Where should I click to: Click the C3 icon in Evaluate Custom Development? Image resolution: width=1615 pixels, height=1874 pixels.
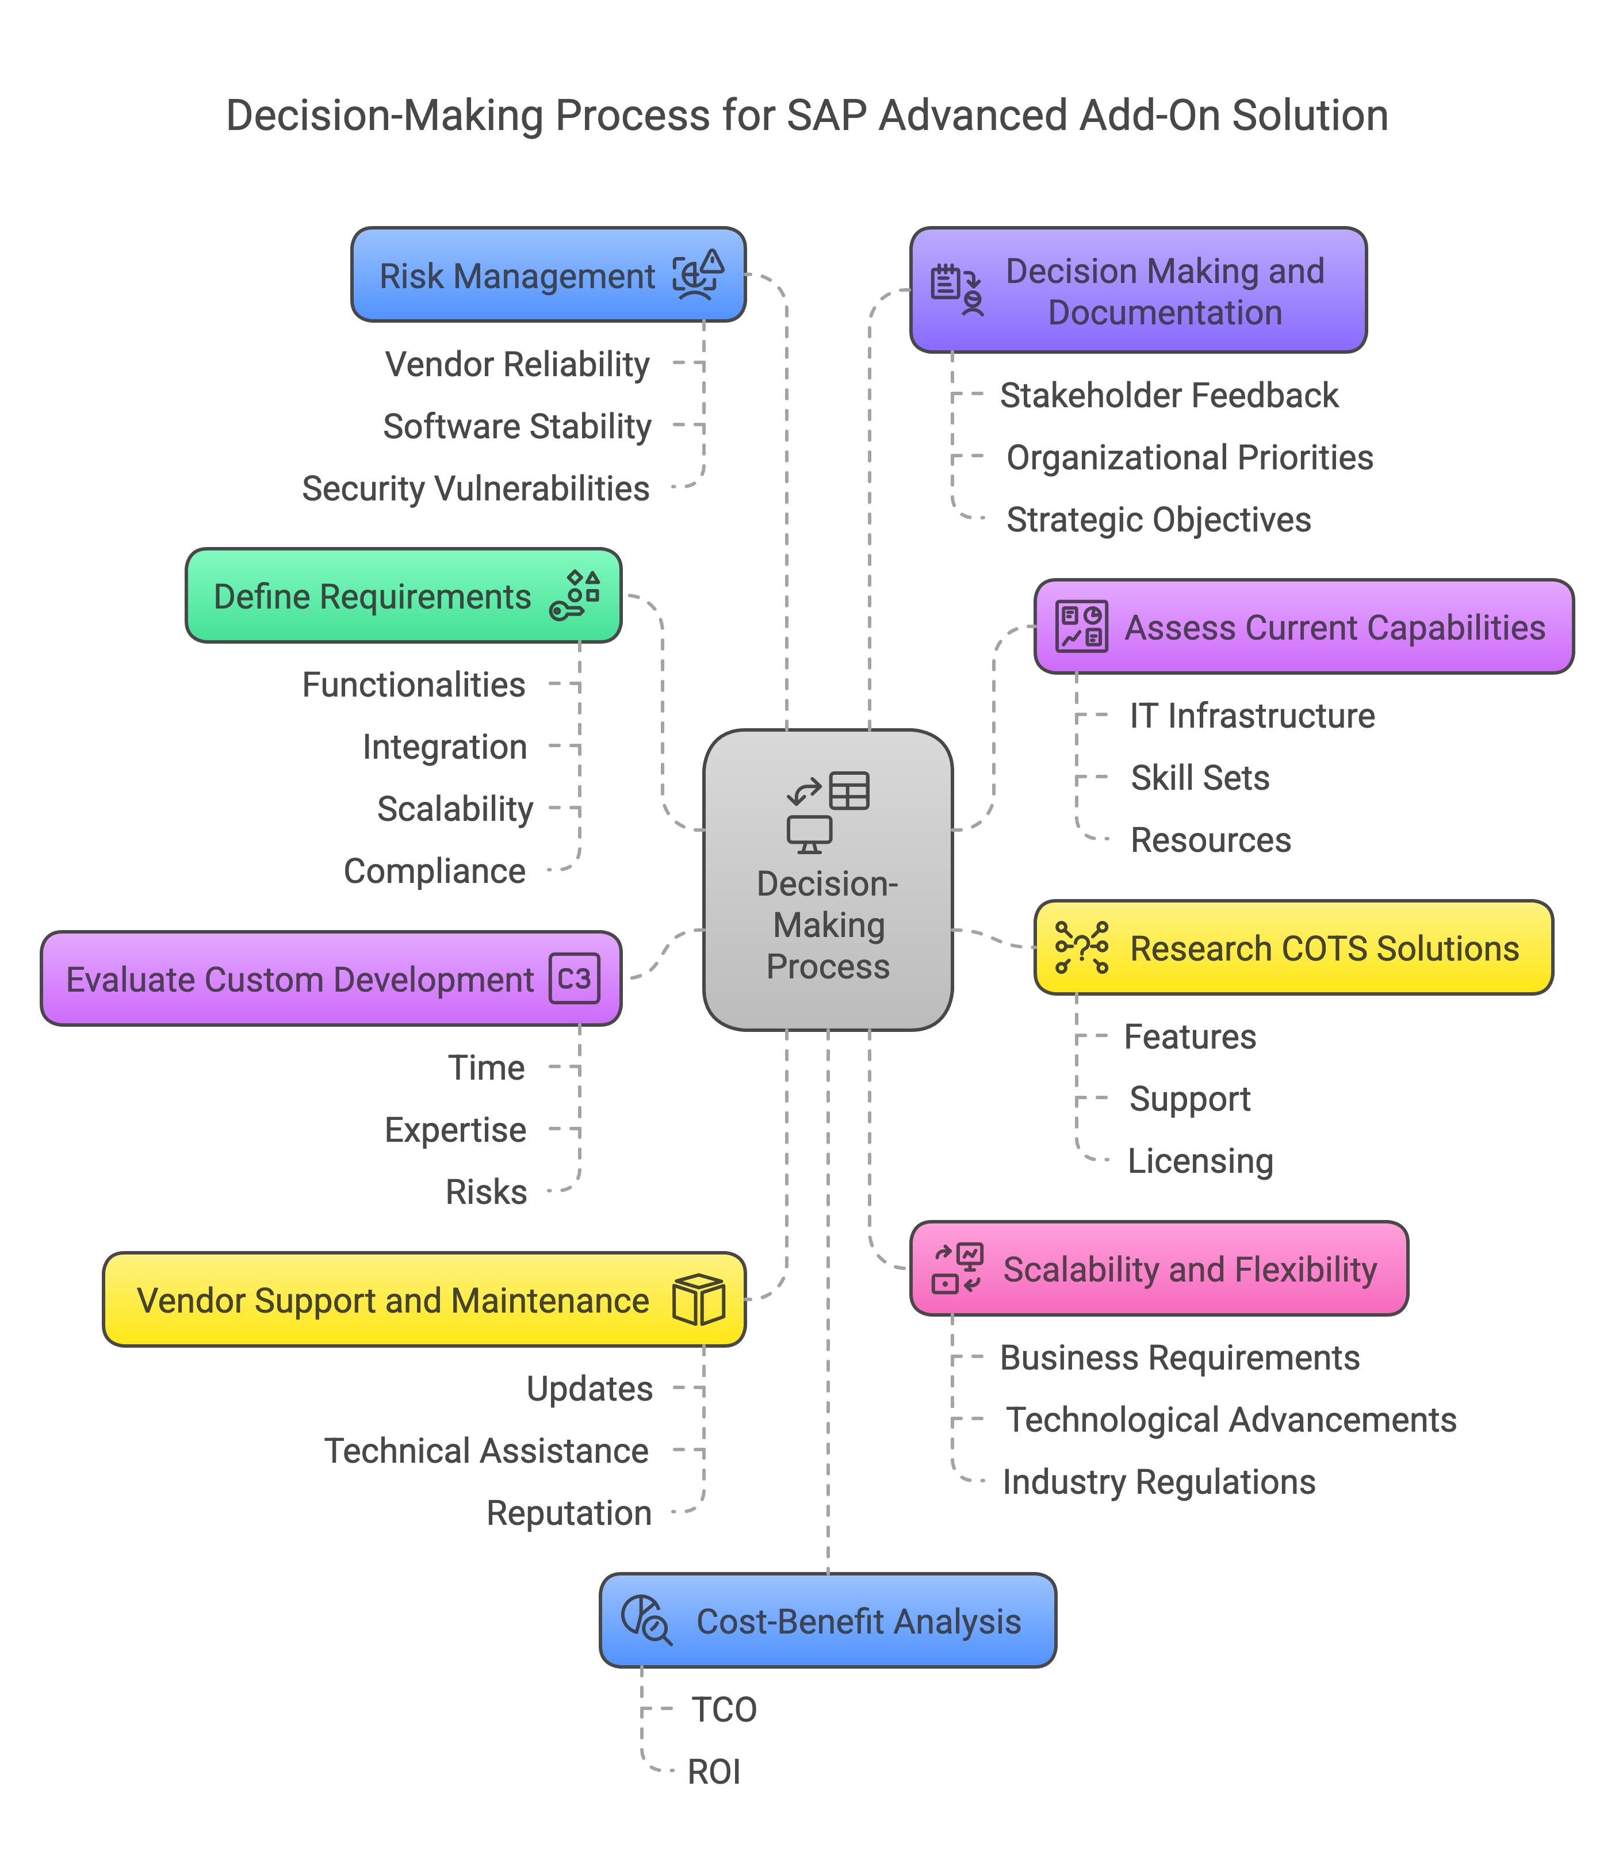574,978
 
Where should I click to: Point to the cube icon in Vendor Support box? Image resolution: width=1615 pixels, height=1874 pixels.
698,1300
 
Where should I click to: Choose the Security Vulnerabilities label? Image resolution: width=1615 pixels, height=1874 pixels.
476,488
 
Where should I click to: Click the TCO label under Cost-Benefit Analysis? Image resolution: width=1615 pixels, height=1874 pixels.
724,1709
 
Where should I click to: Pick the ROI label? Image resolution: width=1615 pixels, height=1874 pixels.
713,1772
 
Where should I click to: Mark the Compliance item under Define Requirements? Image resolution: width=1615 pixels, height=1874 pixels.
435,871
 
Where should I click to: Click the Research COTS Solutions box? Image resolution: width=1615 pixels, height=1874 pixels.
1293,948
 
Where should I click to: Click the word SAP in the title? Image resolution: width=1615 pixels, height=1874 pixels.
825,116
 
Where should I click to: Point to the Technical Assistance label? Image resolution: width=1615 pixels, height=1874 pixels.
487,1451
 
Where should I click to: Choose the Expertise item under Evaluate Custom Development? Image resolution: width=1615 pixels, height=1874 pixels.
455,1130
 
